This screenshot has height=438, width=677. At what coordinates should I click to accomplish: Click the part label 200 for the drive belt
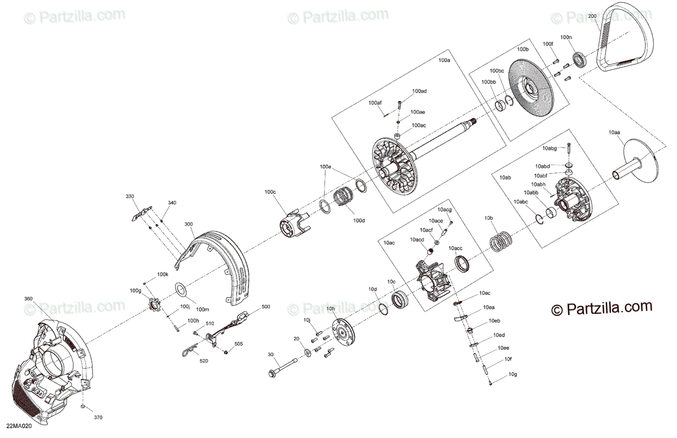(592, 16)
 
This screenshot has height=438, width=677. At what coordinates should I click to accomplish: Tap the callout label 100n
(566, 37)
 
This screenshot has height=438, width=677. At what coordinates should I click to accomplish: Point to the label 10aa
(614, 132)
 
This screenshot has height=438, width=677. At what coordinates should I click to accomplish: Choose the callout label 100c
(270, 192)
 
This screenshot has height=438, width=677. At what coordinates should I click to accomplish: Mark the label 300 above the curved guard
(188, 224)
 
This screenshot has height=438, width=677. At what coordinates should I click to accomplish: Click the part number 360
(29, 298)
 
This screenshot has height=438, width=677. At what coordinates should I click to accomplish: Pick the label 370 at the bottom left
(98, 418)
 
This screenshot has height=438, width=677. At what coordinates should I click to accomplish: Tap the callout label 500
(266, 307)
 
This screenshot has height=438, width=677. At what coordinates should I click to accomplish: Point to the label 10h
(331, 309)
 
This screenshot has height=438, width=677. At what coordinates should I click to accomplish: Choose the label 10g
(512, 374)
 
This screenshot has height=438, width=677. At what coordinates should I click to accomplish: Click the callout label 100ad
(419, 91)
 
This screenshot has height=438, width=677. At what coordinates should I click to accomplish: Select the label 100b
(523, 50)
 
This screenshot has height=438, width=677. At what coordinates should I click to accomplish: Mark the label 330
(130, 196)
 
